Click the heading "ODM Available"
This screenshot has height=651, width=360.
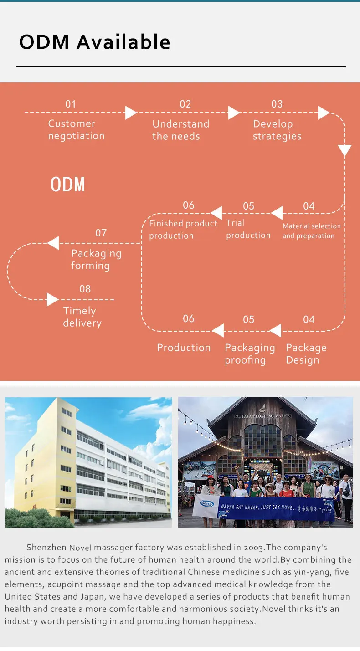click(95, 42)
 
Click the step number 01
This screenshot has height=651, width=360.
click(71, 104)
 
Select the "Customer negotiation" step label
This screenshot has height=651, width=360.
click(76, 130)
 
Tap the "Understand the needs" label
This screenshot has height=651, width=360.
click(180, 130)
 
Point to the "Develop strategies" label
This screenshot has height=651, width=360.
click(277, 130)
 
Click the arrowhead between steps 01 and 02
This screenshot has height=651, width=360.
click(131, 113)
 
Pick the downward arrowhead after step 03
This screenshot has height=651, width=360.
click(345, 151)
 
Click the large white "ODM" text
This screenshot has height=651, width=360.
click(68, 185)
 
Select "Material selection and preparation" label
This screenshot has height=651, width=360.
click(311, 231)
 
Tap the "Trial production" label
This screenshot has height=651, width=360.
click(248, 229)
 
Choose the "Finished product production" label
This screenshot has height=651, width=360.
click(183, 230)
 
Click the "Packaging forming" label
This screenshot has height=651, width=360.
click(96, 260)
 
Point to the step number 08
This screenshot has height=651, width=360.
click(85, 289)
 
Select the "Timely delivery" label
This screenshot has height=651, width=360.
click(82, 317)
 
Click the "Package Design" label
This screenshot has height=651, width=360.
click(306, 354)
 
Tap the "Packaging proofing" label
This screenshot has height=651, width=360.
click(250, 354)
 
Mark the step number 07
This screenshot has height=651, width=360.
click(101, 233)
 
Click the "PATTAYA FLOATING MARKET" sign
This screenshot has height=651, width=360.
click(263, 416)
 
